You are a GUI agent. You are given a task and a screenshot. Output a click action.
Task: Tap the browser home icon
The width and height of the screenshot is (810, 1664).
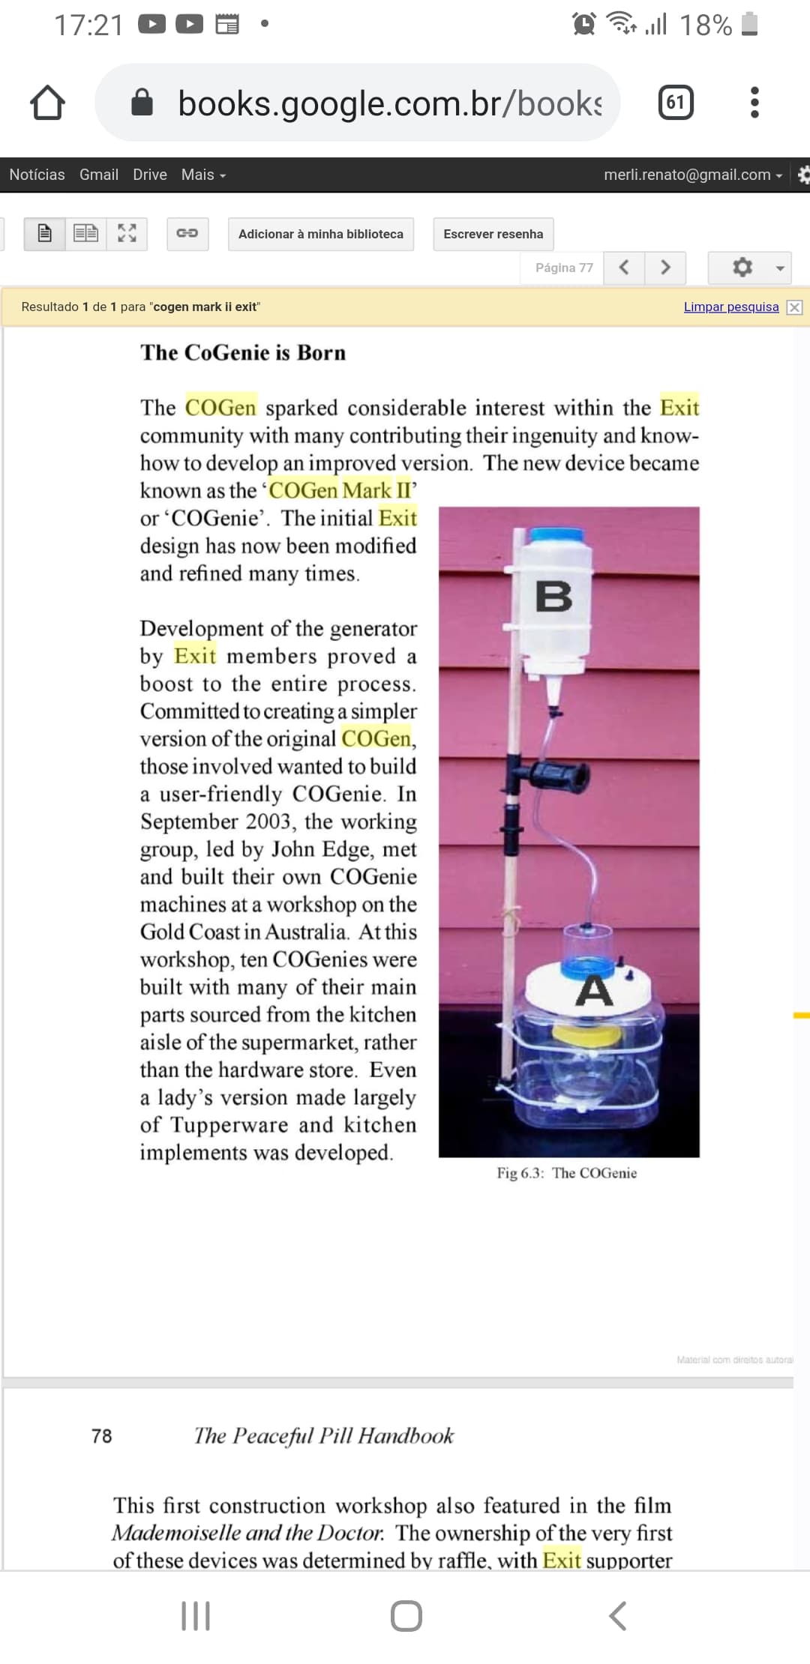47,103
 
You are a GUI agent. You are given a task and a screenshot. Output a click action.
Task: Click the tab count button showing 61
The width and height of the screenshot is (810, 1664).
675,103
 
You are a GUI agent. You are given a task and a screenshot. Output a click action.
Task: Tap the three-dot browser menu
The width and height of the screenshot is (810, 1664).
754,103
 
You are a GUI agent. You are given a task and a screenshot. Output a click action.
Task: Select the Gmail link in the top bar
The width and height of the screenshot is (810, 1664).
99,175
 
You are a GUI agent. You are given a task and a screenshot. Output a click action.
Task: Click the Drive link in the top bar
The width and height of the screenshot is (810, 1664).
150,175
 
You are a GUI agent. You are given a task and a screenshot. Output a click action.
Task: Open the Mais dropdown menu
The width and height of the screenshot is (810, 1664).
203,175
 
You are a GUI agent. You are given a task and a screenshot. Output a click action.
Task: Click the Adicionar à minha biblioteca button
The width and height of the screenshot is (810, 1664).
320,234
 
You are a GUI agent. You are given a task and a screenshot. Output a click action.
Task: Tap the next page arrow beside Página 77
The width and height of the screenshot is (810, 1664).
665,268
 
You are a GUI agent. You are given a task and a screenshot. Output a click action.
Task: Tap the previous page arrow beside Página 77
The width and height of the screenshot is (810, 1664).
624,268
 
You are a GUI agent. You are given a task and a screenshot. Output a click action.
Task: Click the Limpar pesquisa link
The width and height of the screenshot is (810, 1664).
730,307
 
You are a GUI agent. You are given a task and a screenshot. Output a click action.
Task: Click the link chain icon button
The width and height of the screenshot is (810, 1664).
187,233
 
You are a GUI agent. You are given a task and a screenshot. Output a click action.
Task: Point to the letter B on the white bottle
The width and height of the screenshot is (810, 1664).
553,597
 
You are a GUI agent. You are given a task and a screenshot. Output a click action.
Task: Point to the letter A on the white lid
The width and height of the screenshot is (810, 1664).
594,991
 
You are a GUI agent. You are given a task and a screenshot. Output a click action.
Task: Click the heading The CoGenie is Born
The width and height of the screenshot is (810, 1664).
243,353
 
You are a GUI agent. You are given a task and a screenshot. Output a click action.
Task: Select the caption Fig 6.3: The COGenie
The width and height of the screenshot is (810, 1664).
566,1173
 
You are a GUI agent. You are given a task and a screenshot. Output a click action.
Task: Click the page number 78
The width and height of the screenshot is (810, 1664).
102,1436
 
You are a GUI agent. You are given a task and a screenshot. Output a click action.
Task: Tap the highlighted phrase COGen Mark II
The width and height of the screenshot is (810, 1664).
340,490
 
